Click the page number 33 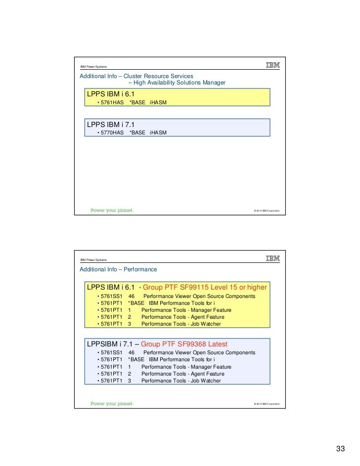tap(340, 449)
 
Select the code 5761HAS tap(112, 103)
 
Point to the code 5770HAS tap(112, 133)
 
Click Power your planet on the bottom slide tap(112, 403)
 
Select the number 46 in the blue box tap(132, 352)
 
